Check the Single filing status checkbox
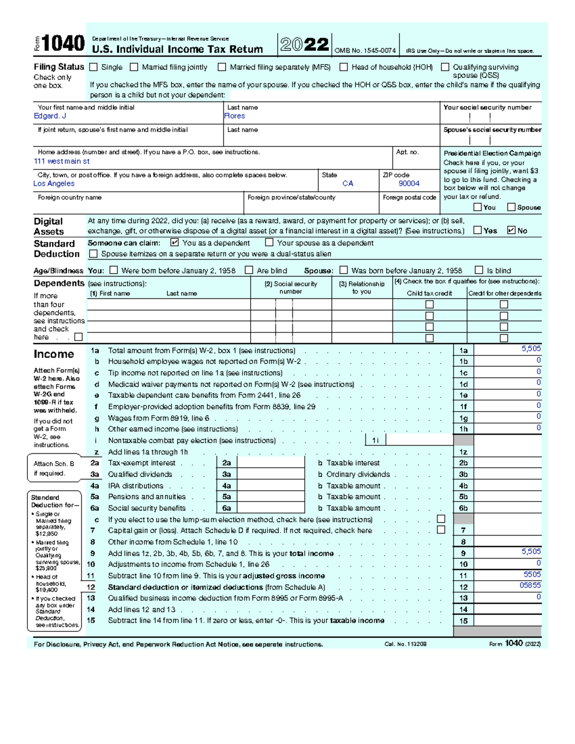[93, 67]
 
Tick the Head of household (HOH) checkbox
[344, 67]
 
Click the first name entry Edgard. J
[50, 116]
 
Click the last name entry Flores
[235, 116]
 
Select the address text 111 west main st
[62, 161]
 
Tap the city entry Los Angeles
[54, 183]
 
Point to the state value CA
[348, 183]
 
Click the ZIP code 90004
[409, 183]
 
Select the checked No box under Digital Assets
[511, 230]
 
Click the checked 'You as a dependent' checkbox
[174, 243]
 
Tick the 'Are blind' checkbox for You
[249, 270]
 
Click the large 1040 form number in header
[63, 44]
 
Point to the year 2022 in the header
[305, 45]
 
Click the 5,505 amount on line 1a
[531, 349]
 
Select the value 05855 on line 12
[530, 585]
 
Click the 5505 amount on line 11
[532, 574]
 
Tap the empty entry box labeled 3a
[271, 474]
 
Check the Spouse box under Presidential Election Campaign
[511, 207]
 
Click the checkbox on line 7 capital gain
[441, 530]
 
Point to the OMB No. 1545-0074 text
[365, 51]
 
